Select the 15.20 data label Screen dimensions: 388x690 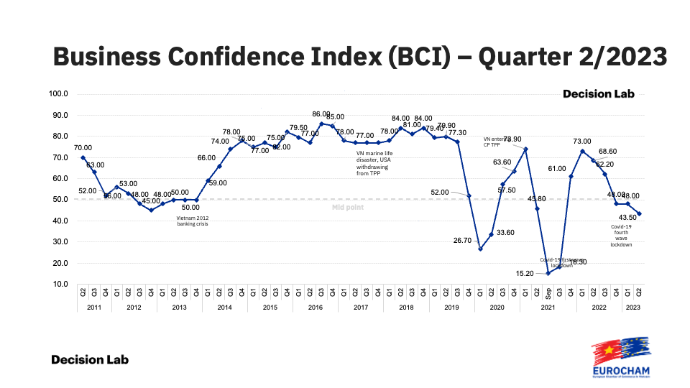(x=525, y=273)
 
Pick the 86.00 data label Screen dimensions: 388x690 (x=321, y=114)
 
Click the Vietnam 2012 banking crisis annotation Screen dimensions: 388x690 (x=192, y=221)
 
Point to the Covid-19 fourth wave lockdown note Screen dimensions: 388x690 (x=621, y=235)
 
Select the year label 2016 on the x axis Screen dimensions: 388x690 (x=316, y=308)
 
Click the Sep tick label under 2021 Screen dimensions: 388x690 (x=548, y=294)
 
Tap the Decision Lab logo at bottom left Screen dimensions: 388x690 (x=90, y=359)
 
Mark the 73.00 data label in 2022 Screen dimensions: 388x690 (x=581, y=142)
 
